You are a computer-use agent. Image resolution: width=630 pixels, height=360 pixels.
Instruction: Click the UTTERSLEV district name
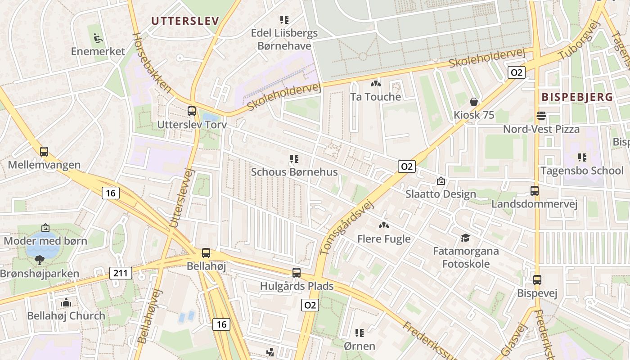[x=185, y=21]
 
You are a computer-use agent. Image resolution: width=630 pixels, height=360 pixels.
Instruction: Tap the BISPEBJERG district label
[x=577, y=97]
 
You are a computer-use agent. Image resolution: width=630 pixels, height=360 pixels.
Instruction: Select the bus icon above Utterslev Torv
[x=192, y=111]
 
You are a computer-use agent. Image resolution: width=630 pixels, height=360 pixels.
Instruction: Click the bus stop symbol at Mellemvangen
[x=44, y=152]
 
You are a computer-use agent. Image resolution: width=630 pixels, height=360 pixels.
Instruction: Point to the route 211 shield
[x=121, y=273]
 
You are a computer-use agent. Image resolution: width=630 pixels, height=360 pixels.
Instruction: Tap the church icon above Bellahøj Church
[x=66, y=302]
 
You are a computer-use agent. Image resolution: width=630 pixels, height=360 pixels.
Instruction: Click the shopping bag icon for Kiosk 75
[x=473, y=102]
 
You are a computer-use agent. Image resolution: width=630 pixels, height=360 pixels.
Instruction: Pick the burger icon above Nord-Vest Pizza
[x=541, y=116]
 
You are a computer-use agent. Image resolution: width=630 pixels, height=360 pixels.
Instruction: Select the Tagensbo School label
[x=582, y=171]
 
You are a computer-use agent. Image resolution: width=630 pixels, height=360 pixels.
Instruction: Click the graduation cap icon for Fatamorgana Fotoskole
[x=465, y=238]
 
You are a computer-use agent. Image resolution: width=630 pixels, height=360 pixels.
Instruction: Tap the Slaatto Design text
[x=441, y=194]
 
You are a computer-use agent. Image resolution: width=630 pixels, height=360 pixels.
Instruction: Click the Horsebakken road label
[x=151, y=63]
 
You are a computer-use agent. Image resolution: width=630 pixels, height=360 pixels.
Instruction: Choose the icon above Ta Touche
[x=375, y=84]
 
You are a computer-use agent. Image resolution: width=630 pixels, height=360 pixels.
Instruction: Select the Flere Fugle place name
[x=384, y=238]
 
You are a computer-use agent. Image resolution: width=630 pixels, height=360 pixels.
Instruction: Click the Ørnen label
[x=359, y=346]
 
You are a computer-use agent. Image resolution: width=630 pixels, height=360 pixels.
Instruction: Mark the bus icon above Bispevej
[x=537, y=280]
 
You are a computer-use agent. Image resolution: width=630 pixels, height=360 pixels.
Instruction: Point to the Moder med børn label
[x=45, y=241]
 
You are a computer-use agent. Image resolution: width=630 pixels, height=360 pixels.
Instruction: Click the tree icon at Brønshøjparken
[x=40, y=260]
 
